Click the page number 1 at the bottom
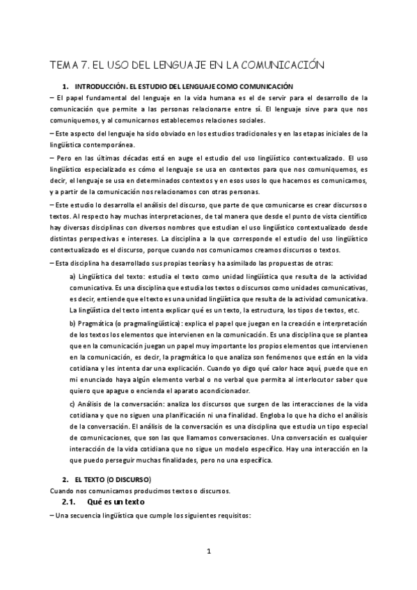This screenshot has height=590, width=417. [x=207, y=552]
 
